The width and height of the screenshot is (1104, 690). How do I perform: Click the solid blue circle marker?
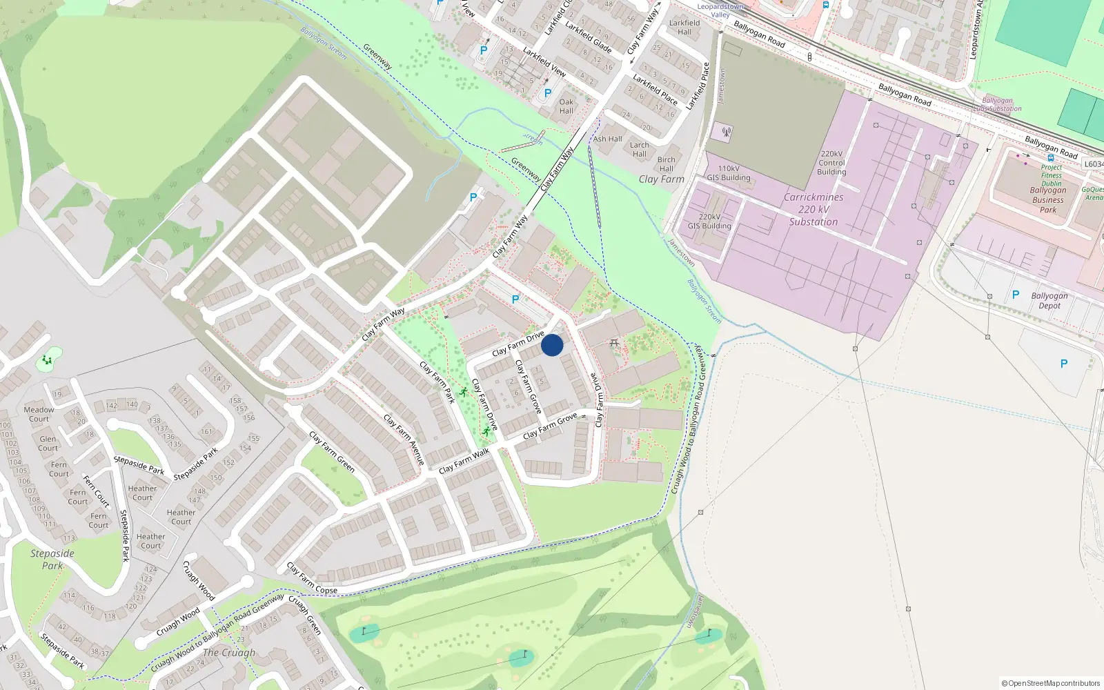tap(552, 345)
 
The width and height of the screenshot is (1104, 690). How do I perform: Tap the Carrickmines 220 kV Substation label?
tap(814, 210)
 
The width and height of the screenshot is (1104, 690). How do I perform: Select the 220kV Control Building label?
tap(831, 164)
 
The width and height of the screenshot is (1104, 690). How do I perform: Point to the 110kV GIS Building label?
tap(729, 173)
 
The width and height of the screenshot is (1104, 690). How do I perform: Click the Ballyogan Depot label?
tap(1049, 301)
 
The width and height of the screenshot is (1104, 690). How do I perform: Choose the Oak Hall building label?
tap(566, 106)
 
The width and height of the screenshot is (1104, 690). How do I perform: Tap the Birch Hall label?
tap(666, 164)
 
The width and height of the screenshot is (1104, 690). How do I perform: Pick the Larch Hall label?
tap(640, 150)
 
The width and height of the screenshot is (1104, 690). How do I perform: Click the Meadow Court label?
tap(39, 414)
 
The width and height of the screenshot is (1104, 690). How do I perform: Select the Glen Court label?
tap(48, 444)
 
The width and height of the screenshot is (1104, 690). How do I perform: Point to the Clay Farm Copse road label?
tap(312, 579)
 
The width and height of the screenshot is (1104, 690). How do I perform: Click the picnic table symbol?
tap(614, 343)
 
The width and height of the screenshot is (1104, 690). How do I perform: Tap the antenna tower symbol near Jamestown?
tap(726, 131)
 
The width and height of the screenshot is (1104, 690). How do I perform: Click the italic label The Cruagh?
tap(229, 653)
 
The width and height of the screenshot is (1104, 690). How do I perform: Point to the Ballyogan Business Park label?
tap(1048, 200)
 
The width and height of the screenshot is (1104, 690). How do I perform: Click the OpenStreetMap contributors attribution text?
tap(1051, 683)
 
